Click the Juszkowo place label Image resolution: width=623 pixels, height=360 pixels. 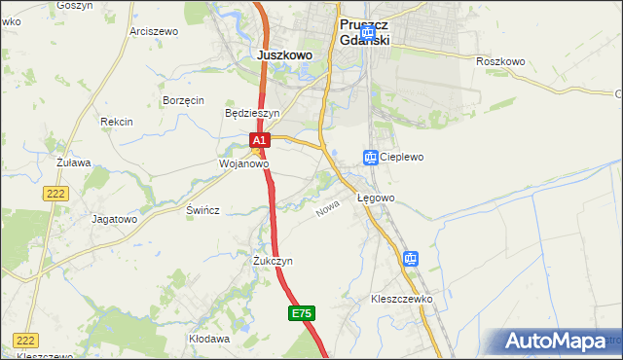(x=284, y=55)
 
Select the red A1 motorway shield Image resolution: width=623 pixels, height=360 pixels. (x=259, y=141)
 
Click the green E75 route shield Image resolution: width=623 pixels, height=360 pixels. (x=302, y=313)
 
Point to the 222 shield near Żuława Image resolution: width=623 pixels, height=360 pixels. (x=55, y=195)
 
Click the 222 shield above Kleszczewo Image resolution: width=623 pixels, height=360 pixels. (x=26, y=340)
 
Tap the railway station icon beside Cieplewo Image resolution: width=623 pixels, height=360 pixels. (x=370, y=157)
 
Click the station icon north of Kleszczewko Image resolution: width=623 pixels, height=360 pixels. (x=410, y=259)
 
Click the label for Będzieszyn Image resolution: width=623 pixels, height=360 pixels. (x=252, y=113)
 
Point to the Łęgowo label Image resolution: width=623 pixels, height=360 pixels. (x=376, y=198)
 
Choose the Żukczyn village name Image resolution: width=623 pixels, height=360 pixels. (x=273, y=262)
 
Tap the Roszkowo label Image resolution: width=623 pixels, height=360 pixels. (x=500, y=61)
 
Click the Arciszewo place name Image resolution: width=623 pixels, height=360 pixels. (x=154, y=31)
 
